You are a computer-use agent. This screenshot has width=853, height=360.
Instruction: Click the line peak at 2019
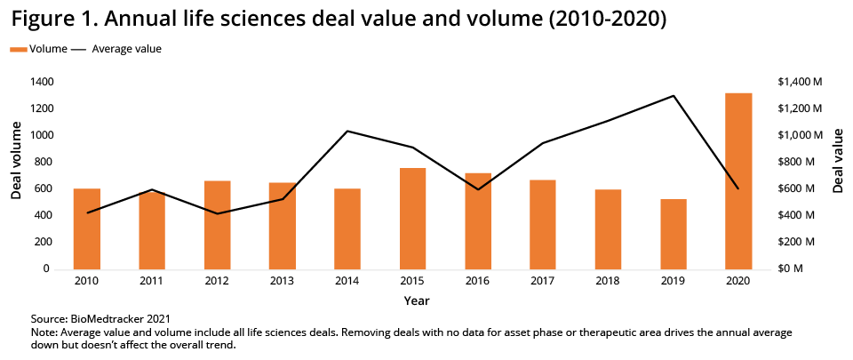[674, 96]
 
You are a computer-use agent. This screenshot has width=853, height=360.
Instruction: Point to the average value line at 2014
[347, 132]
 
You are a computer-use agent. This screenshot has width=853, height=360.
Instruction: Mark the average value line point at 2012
[217, 213]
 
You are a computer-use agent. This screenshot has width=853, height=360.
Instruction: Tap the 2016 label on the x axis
[477, 282]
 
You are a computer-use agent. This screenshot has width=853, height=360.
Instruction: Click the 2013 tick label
[282, 282]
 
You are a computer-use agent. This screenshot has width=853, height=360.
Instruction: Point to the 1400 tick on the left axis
[42, 82]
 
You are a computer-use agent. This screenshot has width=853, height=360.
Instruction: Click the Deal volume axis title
[16, 161]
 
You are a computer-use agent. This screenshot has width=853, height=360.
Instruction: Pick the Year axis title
[416, 301]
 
